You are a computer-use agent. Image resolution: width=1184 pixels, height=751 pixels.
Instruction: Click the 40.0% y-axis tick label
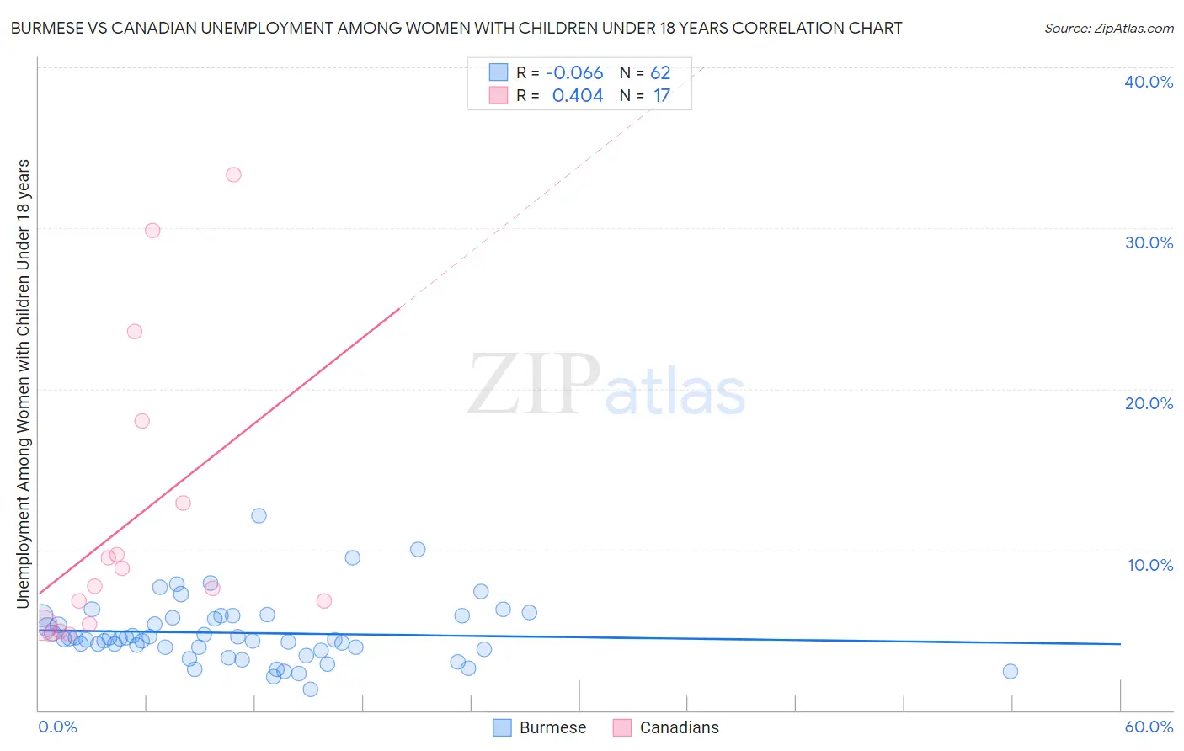coord(1149,82)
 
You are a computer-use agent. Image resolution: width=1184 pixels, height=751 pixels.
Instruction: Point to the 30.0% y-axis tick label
coord(1149,242)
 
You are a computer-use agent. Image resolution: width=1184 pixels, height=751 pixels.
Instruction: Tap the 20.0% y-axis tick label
coord(1149,403)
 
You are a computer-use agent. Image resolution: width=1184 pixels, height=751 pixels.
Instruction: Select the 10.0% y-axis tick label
coord(1150,565)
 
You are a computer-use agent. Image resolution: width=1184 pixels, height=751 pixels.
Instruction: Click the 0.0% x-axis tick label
coord(58,727)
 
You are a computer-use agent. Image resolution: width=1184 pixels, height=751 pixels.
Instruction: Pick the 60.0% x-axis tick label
coord(1149,727)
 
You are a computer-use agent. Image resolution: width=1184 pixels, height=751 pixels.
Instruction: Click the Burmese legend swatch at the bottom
coord(503,727)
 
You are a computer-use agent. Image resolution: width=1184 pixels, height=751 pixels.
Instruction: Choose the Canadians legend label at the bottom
coord(679,727)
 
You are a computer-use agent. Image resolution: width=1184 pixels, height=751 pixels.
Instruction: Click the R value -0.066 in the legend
coord(574,73)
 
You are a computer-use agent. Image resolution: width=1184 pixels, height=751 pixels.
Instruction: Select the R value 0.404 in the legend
coord(578,96)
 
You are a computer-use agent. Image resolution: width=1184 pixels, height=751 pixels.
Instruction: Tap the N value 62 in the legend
coord(660,73)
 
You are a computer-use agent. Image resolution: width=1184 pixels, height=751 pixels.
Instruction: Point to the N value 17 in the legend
coord(662,96)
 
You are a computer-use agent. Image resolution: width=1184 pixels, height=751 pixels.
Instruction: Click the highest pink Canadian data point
coord(233,174)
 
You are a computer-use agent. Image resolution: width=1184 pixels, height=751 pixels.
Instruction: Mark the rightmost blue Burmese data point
coord(1011,671)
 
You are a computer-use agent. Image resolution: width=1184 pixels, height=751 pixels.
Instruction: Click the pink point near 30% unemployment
coord(152,230)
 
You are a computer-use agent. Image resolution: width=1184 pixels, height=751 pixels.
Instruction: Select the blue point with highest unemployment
coord(259,515)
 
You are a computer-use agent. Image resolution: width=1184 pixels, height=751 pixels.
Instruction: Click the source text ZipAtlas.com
coord(1109,29)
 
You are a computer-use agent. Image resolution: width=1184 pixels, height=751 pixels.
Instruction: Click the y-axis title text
coord(24,383)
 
